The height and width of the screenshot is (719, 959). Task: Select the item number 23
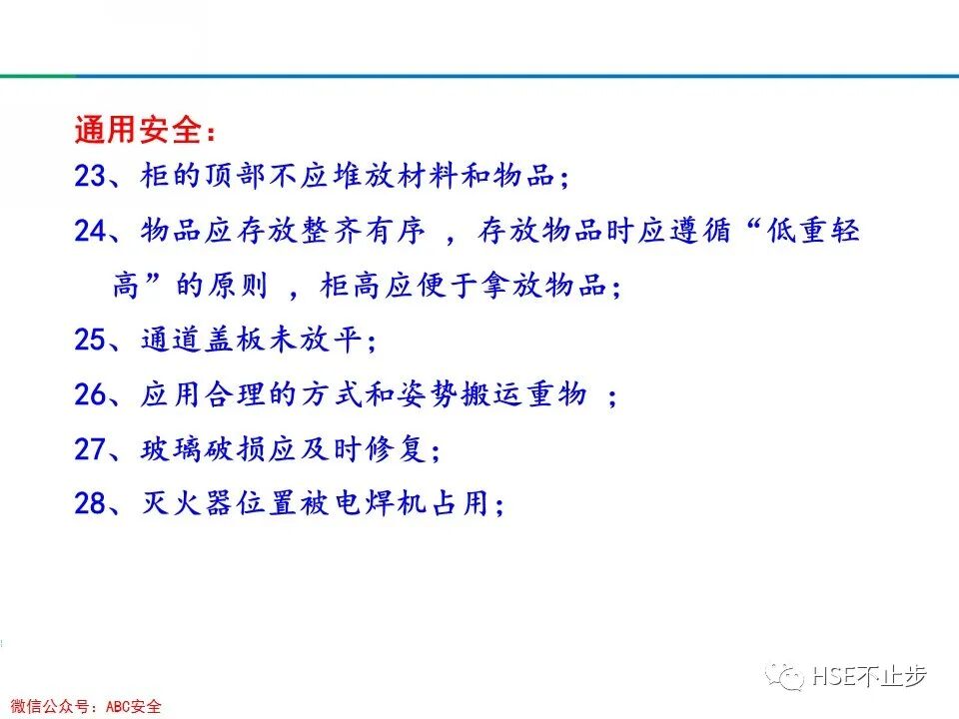pos(90,178)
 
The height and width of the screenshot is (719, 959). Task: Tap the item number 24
pos(90,232)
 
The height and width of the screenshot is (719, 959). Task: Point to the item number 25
pos(90,341)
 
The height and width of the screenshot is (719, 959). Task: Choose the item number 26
pos(90,395)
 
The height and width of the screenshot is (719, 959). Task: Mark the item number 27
pos(90,449)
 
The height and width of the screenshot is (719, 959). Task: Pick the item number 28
pos(90,504)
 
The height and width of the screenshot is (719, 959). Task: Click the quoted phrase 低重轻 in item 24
pos(806,232)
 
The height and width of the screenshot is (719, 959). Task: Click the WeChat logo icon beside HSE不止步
pos(785,676)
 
